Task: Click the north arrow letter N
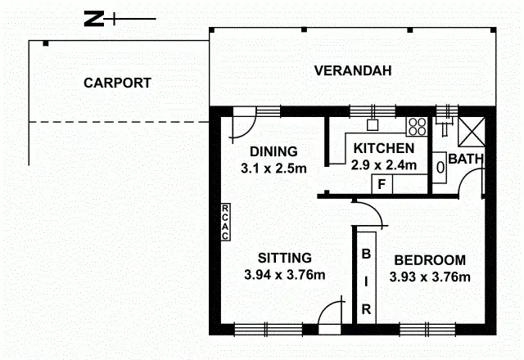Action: [94, 19]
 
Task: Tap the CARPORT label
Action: [117, 83]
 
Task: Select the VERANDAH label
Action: [353, 71]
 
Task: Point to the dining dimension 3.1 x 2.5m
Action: [273, 169]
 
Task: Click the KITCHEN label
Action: [383, 148]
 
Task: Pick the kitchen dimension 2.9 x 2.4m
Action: [384, 164]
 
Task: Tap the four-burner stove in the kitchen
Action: [417, 127]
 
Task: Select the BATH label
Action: [464, 158]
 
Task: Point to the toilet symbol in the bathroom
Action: [440, 166]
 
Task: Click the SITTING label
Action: [280, 257]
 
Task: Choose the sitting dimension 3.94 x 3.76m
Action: [285, 275]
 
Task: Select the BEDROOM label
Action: [430, 260]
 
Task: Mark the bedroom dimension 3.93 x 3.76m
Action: [431, 277]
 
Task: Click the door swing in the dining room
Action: [242, 125]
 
